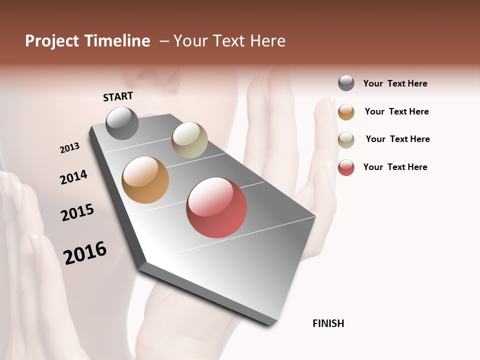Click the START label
[118, 96]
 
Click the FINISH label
[328, 323]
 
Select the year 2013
[69, 148]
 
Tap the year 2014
[73, 177]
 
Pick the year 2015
[77, 212]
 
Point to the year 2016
[85, 253]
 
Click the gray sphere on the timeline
[122, 123]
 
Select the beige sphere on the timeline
[189, 140]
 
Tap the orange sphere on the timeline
[145, 180]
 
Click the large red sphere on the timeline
[216, 207]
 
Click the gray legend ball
[346, 83]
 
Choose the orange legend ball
[346, 112]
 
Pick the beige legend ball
[346, 140]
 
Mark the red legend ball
[346, 167]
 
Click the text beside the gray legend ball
[395, 83]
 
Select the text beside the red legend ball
[395, 167]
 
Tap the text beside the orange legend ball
[396, 111]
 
